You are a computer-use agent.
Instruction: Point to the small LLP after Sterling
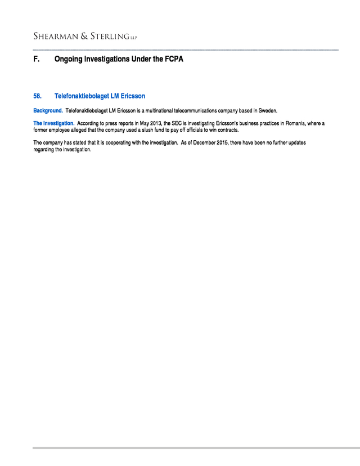133,38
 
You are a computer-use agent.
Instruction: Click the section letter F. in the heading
37,59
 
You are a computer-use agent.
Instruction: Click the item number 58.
38,96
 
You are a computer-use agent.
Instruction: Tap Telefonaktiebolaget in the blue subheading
82,96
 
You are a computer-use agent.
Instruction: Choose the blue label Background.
48,110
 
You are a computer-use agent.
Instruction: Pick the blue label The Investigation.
53,123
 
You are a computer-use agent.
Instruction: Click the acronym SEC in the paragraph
178,123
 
